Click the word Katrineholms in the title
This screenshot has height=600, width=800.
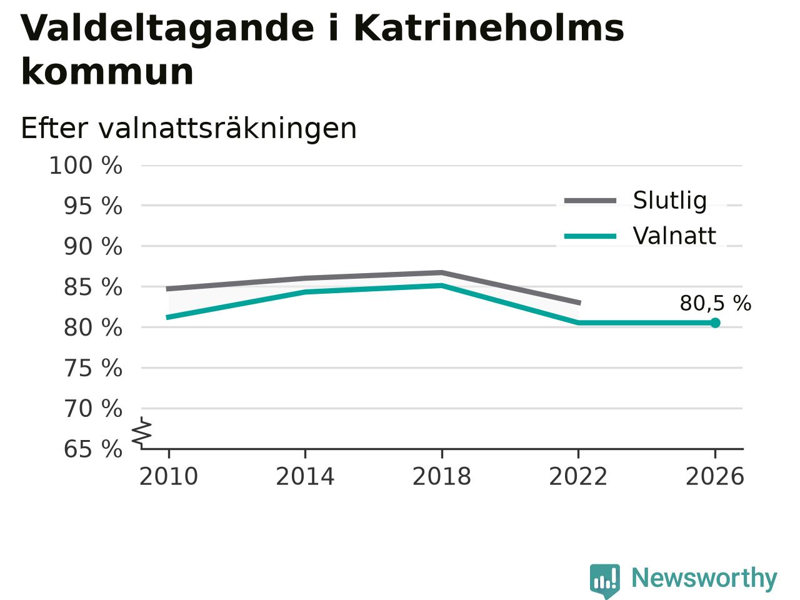489,29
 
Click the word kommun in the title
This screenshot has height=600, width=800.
107,71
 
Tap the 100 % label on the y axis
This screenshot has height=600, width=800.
86,166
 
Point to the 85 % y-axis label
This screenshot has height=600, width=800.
93,287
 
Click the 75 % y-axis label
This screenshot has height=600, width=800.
93,368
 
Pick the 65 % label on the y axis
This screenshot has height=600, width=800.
93,449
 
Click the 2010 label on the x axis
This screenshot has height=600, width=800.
168,476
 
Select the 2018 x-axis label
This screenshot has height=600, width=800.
442,476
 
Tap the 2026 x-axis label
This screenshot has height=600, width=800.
715,476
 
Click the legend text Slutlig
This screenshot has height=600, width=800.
670,201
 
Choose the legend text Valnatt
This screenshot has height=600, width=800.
674,236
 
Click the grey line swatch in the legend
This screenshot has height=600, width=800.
590,201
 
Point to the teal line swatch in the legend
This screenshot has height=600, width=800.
590,236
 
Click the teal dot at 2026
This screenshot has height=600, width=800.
715,322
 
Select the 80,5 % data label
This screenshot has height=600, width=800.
716,304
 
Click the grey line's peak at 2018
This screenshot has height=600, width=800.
442,272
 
